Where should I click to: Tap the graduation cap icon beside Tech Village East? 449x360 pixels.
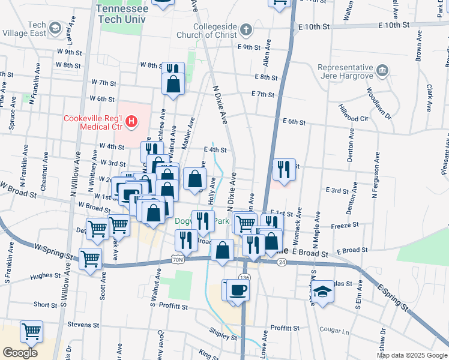click(x=55, y=28)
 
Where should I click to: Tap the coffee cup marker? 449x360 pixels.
click(x=238, y=289)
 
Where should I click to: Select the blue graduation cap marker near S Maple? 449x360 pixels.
click(x=323, y=292)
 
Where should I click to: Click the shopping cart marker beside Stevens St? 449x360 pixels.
click(x=31, y=330)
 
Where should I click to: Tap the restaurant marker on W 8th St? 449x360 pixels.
click(x=173, y=70)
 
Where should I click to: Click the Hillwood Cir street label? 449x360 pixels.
click(x=354, y=113)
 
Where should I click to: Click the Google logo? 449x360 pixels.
click(x=19, y=352)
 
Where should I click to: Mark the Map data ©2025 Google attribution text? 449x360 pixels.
click(x=411, y=355)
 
